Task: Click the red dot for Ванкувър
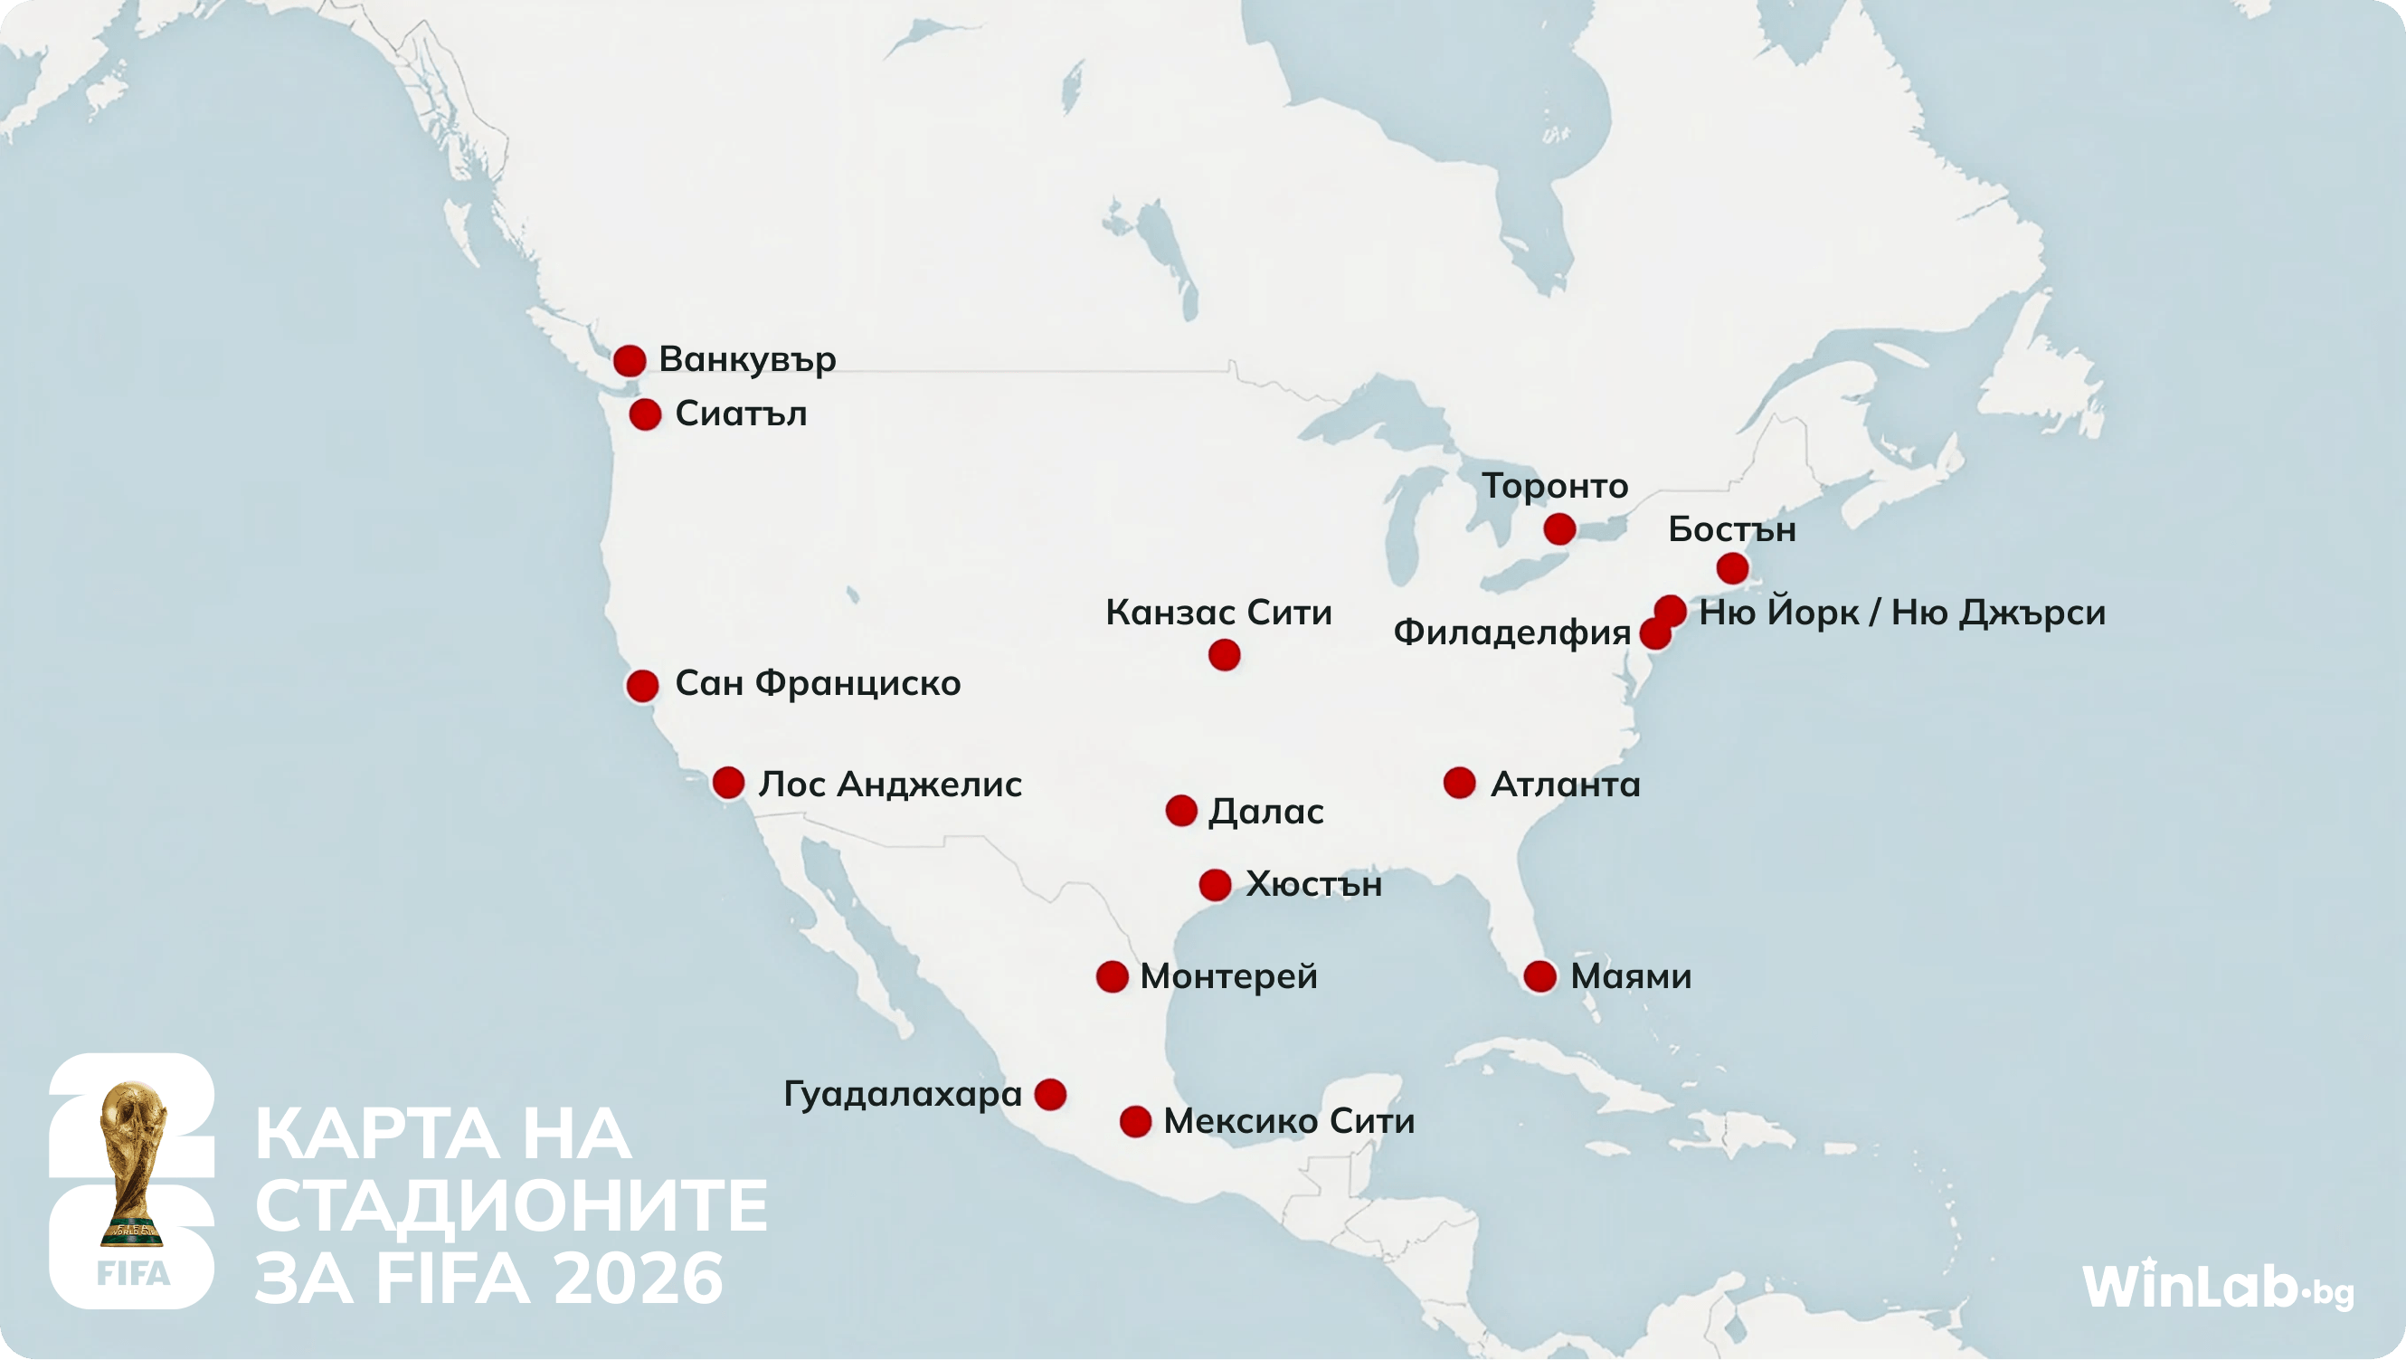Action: [x=630, y=360]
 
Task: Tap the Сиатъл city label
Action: [x=741, y=414]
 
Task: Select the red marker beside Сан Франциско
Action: [x=642, y=686]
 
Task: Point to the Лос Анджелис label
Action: [x=889, y=784]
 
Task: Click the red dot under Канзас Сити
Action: [x=1224, y=655]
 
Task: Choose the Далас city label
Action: [x=1265, y=811]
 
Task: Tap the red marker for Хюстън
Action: [x=1215, y=885]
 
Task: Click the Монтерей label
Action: [x=1228, y=976]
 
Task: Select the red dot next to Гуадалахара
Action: [x=1050, y=1094]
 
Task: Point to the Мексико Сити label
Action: [x=1288, y=1121]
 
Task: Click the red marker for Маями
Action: [x=1539, y=977]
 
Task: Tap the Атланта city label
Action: [x=1565, y=784]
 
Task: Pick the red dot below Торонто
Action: [x=1558, y=529]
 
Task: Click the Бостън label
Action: [x=1731, y=529]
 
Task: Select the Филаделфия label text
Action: [x=1511, y=632]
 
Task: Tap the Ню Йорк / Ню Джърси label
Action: [x=1901, y=613]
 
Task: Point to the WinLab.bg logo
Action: [x=2217, y=1286]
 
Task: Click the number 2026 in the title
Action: [x=638, y=1279]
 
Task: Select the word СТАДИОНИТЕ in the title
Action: [x=511, y=1206]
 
